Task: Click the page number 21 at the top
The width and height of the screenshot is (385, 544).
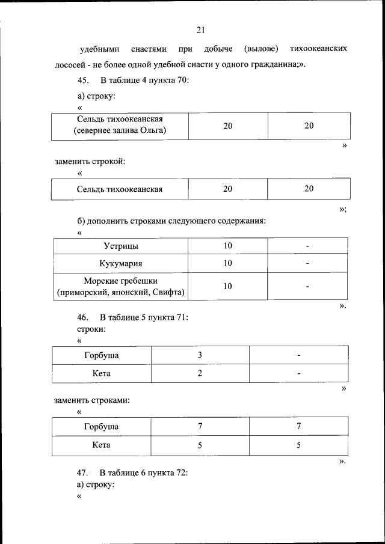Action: coord(201,30)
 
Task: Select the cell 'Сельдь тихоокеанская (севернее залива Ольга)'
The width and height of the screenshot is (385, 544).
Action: coord(120,125)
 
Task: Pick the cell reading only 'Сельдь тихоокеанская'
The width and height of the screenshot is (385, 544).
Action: coord(120,189)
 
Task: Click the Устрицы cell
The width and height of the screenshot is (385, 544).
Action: coord(120,246)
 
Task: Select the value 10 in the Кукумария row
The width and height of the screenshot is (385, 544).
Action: coord(228,263)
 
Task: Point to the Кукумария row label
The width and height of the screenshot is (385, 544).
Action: coord(120,263)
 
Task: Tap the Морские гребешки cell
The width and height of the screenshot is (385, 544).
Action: coord(120,287)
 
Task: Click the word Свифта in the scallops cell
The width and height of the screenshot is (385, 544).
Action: coord(170,293)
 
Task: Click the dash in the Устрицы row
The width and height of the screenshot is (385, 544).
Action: coord(307,246)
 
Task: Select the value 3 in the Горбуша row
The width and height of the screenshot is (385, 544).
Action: coord(200,355)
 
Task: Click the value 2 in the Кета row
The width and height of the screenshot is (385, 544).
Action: coord(200,373)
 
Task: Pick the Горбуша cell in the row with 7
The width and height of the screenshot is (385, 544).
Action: coord(101,427)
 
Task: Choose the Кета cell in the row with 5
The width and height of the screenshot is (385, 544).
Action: coord(101,445)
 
